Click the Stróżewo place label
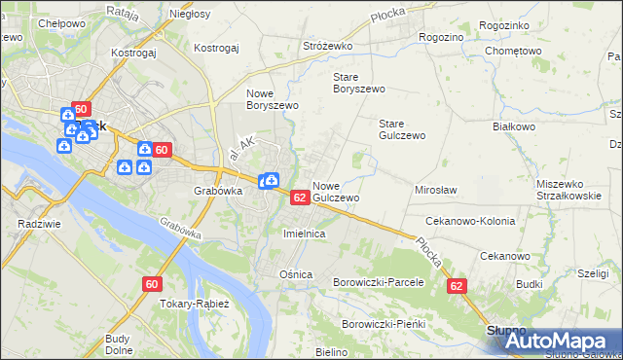pyautogui.click(x=326, y=45)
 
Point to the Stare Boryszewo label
pyautogui.click(x=359, y=82)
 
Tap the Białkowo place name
pyautogui.click(x=514, y=126)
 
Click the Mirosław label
pyautogui.click(x=435, y=190)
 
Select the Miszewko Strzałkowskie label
pyautogui.click(x=567, y=190)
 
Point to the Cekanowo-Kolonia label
pyautogui.click(x=469, y=221)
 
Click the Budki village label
pyautogui.click(x=530, y=283)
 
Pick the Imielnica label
pyautogui.click(x=303, y=234)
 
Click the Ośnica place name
pyautogui.click(x=296, y=274)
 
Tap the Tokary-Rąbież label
pyautogui.click(x=193, y=304)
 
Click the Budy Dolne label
pyautogui.click(x=119, y=344)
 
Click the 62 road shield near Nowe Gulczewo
pyautogui.click(x=300, y=198)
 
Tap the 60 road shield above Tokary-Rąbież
pyautogui.click(x=151, y=284)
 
